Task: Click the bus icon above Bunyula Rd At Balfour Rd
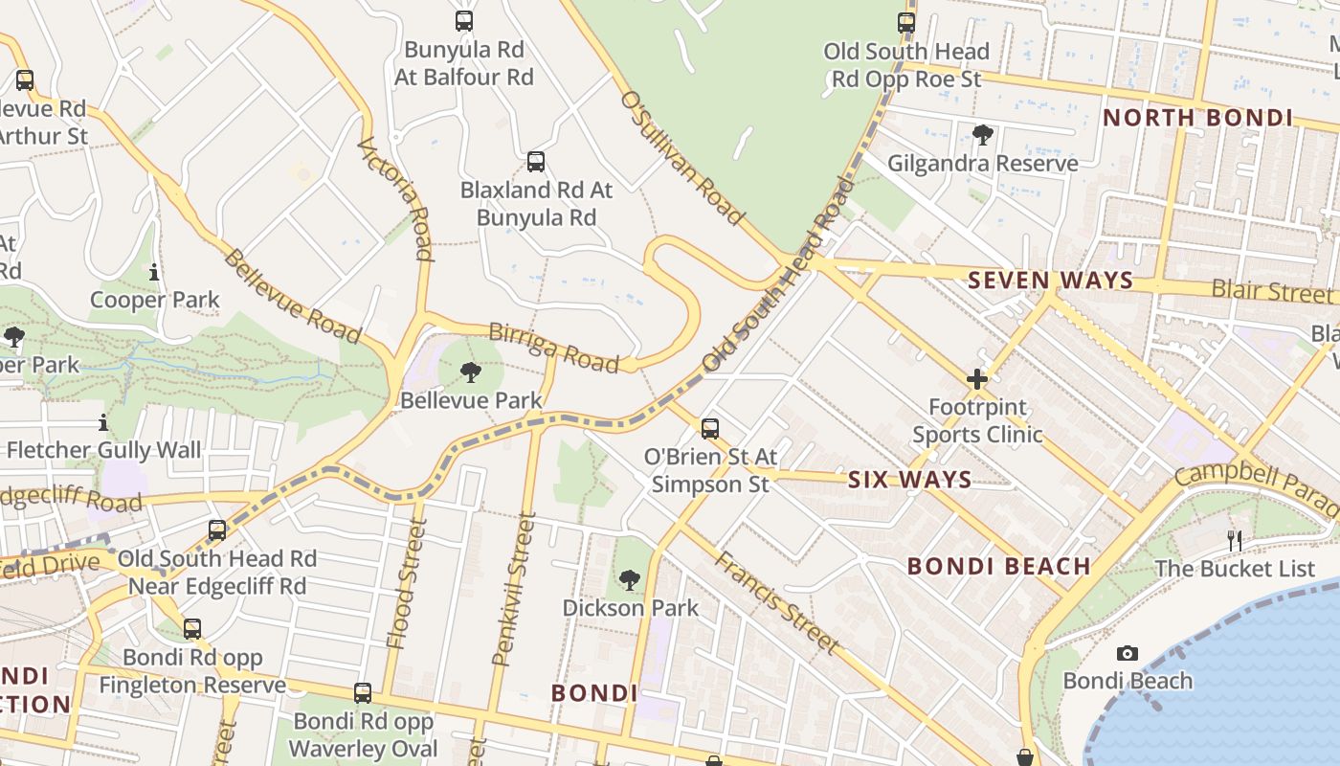464,20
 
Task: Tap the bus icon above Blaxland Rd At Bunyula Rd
536,161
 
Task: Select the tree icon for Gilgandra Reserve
982,134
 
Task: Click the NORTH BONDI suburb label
1197,118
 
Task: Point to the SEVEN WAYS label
1050,281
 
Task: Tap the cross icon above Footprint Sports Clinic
976,379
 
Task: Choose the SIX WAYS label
909,480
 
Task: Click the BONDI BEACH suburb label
998,566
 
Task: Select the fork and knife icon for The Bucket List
1235,541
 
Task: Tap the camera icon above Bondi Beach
1128,653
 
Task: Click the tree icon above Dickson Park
629,579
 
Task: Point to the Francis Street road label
777,602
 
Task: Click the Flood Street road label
404,584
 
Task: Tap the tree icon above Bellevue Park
470,372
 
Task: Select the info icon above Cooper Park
154,273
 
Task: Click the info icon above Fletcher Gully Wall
103,422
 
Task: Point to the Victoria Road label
409,198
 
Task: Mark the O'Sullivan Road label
681,158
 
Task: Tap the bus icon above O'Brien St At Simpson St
710,428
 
